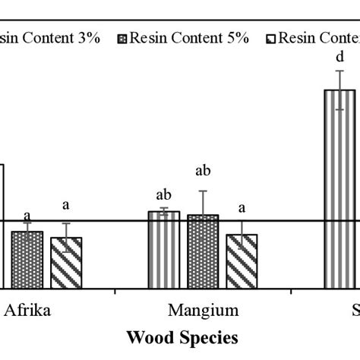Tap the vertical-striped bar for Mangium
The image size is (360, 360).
(x=163, y=250)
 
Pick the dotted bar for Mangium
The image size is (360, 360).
(x=203, y=251)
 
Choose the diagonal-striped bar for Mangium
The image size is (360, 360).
(x=242, y=261)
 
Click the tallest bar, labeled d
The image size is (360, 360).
(x=339, y=189)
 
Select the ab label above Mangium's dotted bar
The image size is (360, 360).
(x=203, y=171)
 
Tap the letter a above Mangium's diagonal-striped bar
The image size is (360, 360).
(x=242, y=207)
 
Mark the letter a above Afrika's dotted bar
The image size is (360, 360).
(x=27, y=215)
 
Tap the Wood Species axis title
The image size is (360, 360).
(x=182, y=336)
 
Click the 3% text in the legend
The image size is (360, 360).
(x=86, y=38)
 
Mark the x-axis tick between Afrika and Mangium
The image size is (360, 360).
(x=115, y=291)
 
